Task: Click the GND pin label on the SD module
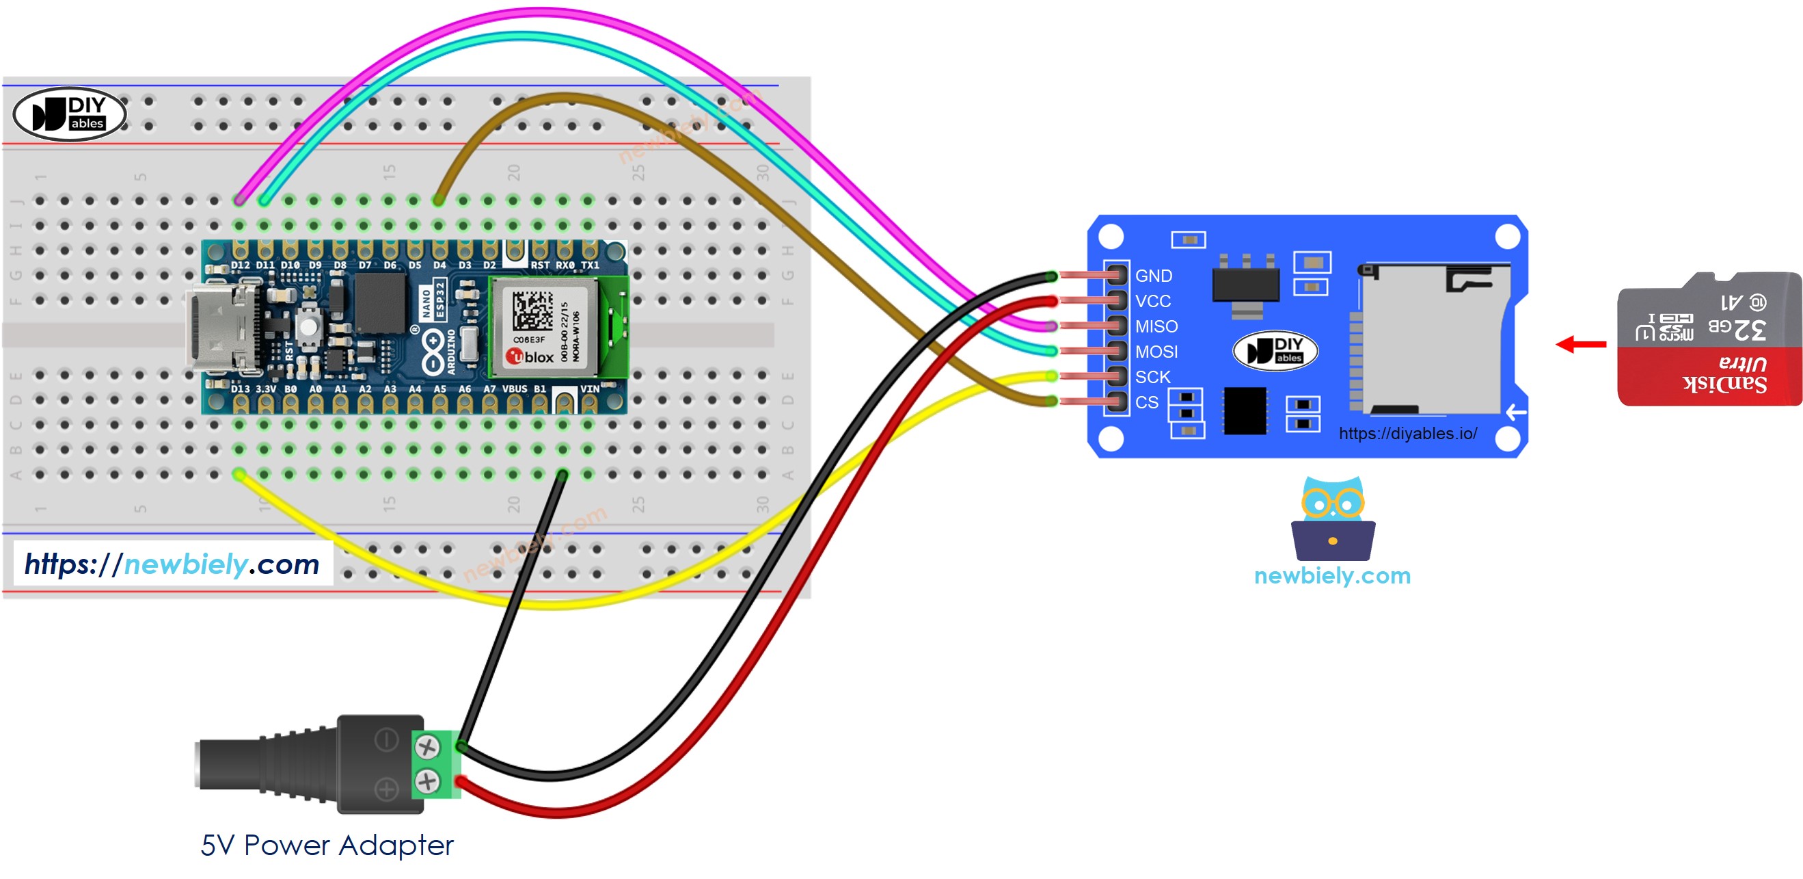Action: tap(1153, 276)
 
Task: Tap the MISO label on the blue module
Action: tap(1156, 326)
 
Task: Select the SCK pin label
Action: tap(1152, 377)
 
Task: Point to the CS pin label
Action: tap(1145, 402)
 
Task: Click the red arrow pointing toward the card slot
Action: tap(1580, 344)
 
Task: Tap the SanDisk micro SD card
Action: tap(1709, 340)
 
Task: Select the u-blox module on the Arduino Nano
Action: tap(544, 326)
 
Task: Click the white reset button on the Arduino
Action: tap(308, 326)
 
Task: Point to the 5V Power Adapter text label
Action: tap(327, 845)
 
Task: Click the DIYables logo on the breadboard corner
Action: tap(69, 114)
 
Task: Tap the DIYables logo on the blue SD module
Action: tap(1275, 350)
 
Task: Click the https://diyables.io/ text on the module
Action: tap(1407, 434)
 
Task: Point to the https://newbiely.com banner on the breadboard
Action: tap(172, 564)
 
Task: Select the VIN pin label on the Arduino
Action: tap(588, 389)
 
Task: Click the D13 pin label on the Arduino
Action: tap(239, 389)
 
